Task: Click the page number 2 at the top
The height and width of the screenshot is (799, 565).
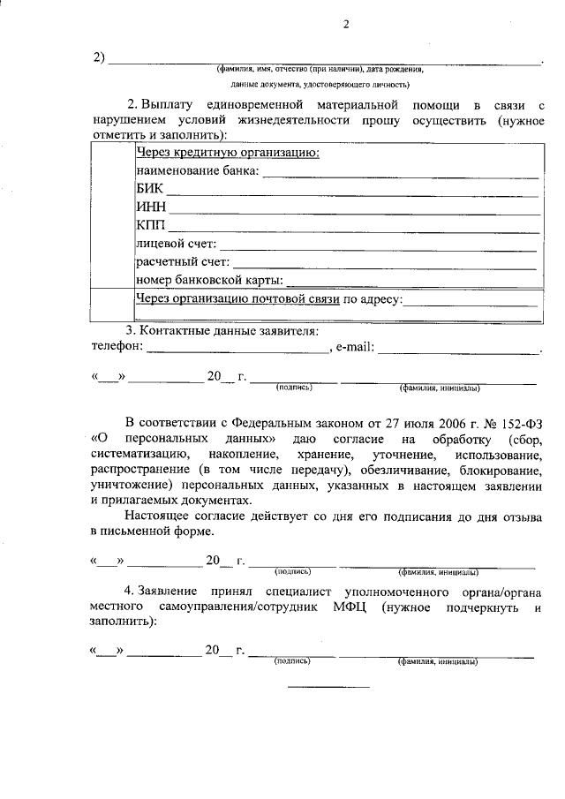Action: click(x=346, y=25)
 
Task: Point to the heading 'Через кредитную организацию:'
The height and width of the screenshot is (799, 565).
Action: click(x=227, y=152)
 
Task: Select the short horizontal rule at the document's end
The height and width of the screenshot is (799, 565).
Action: click(x=328, y=687)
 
